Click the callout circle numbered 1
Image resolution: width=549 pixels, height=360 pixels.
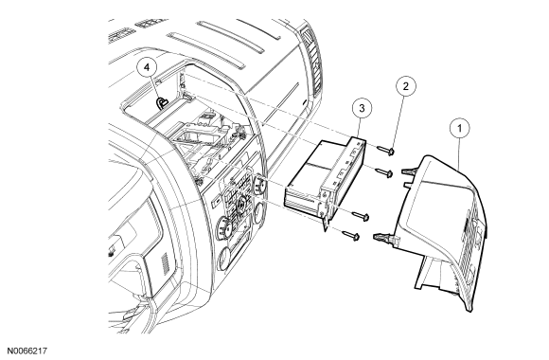point(459,129)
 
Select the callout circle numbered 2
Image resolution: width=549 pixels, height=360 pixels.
point(406,86)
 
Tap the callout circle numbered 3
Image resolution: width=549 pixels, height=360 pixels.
point(362,108)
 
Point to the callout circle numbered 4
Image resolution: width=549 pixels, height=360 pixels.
point(147,67)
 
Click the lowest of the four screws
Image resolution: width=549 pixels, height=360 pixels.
point(350,236)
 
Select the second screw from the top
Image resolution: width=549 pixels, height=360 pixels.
point(384,172)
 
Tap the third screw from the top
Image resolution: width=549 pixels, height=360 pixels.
point(361,216)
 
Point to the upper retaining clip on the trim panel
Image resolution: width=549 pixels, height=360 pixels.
point(410,171)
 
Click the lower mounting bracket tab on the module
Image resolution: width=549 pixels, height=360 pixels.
point(326,224)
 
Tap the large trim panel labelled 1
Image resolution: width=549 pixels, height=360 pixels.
point(444,231)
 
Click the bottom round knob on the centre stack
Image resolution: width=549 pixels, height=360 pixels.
point(224,260)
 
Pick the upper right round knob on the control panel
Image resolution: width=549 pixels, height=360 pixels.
point(258,183)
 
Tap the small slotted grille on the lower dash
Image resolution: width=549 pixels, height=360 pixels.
point(165,263)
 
